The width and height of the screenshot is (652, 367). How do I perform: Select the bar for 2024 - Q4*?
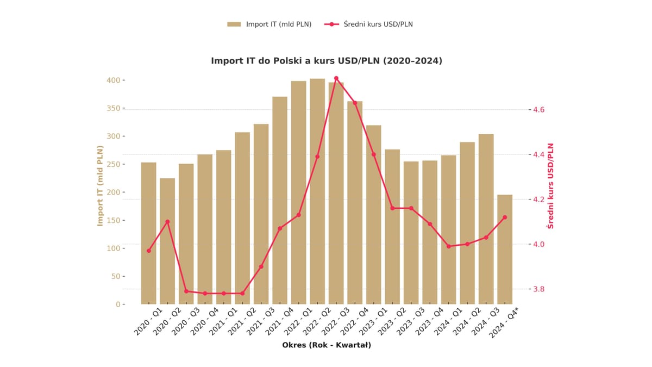click(x=505, y=250)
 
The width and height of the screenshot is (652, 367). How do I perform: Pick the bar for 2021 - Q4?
click(x=280, y=201)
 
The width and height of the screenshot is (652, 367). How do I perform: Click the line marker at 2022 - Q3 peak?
click(x=336, y=78)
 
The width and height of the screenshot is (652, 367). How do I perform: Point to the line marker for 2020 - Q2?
click(x=167, y=222)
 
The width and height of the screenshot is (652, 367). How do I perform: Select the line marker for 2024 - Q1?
click(x=449, y=246)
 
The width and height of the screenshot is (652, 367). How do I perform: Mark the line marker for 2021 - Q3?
click(x=261, y=266)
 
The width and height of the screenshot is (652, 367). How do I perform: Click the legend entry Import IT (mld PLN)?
click(x=269, y=24)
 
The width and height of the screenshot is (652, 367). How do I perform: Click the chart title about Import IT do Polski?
click(x=327, y=61)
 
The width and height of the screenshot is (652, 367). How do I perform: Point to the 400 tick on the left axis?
click(x=112, y=80)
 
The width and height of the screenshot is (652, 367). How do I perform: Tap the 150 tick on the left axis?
click(x=112, y=220)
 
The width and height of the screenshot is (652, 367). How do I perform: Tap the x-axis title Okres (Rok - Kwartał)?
click(x=327, y=345)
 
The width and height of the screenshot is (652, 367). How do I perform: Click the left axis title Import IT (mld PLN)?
click(x=100, y=186)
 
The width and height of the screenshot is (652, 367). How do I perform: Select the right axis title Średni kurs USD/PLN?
click(x=551, y=186)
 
